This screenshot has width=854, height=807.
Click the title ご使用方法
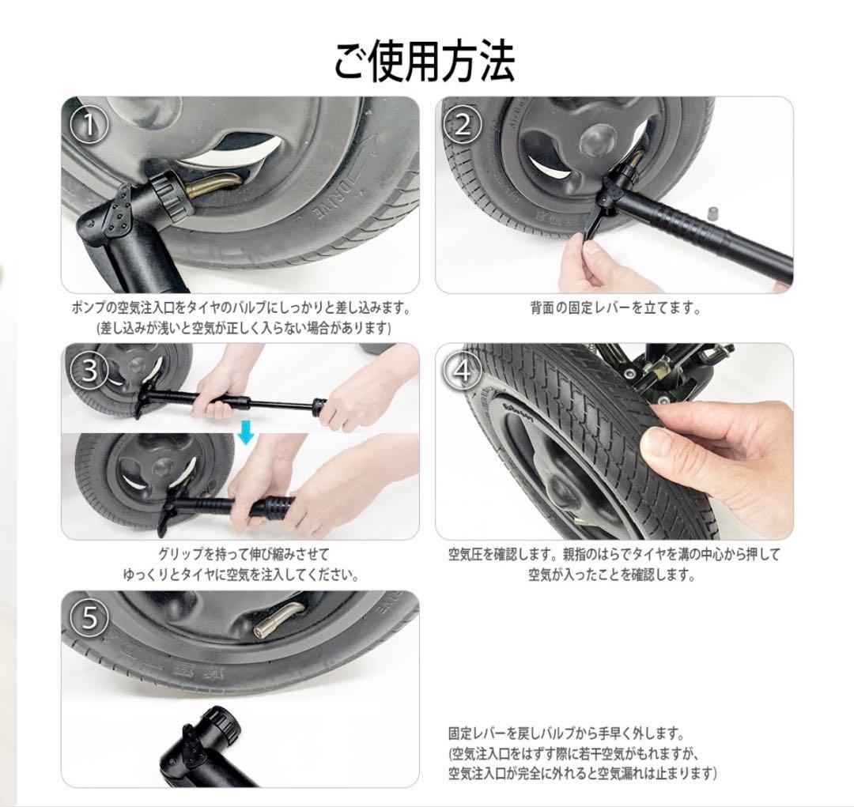[x=425, y=62]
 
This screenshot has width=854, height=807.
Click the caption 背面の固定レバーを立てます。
[x=615, y=308]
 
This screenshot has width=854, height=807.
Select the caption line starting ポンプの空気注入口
[x=240, y=307]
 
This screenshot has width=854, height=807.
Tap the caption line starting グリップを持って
[x=244, y=554]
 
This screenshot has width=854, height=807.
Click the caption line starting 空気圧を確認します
[x=614, y=554]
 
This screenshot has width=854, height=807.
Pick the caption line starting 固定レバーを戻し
[x=565, y=733]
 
